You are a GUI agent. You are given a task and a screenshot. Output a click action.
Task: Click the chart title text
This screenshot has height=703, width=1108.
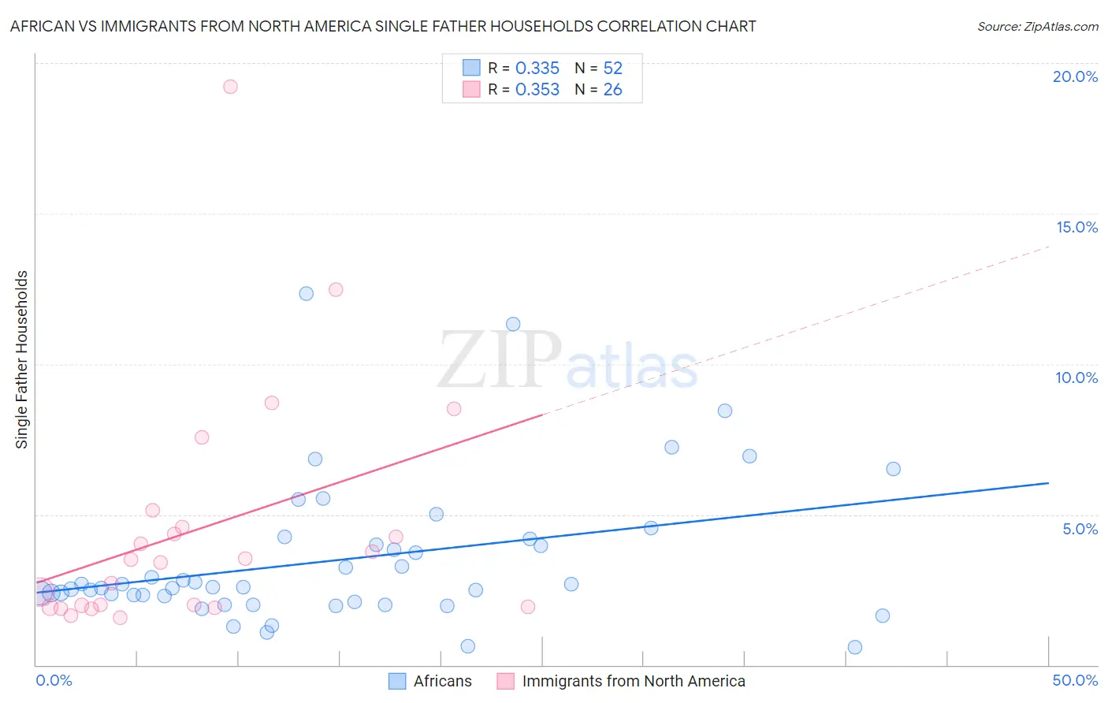(383, 27)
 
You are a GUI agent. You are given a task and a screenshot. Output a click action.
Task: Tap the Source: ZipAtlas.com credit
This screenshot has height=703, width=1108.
(1037, 27)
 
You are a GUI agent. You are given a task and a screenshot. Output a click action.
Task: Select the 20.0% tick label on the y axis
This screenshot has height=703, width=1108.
(1075, 76)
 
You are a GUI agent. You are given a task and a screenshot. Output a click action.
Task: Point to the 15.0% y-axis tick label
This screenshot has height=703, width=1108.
(1076, 227)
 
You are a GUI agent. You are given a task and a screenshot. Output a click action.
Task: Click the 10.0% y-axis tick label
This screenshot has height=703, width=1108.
(1076, 378)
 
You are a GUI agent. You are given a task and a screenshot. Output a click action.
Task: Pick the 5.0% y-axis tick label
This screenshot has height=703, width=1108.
(1080, 529)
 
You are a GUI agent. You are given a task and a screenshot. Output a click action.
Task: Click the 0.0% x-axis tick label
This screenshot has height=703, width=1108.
(54, 680)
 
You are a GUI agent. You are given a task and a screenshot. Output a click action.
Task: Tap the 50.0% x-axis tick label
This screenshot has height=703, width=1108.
(1075, 680)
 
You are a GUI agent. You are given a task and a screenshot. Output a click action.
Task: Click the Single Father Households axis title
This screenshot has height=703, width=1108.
(22, 359)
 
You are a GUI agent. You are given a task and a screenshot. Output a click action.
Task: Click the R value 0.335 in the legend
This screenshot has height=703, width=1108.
(537, 69)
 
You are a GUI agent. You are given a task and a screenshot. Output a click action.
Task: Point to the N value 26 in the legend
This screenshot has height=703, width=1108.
(612, 90)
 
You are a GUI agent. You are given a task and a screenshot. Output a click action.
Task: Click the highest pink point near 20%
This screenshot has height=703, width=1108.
(230, 87)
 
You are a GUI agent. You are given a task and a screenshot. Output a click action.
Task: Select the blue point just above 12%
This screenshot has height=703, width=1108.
(307, 293)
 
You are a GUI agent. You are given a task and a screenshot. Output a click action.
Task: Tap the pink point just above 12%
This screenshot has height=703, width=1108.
(336, 289)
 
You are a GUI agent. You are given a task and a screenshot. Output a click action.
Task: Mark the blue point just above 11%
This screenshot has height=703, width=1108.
(513, 324)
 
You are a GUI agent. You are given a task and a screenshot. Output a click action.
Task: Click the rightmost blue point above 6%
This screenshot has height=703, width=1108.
(893, 469)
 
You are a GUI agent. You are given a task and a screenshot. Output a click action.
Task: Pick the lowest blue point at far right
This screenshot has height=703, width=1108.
(855, 647)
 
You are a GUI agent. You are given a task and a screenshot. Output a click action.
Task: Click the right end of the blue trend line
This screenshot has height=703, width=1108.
(1048, 483)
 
